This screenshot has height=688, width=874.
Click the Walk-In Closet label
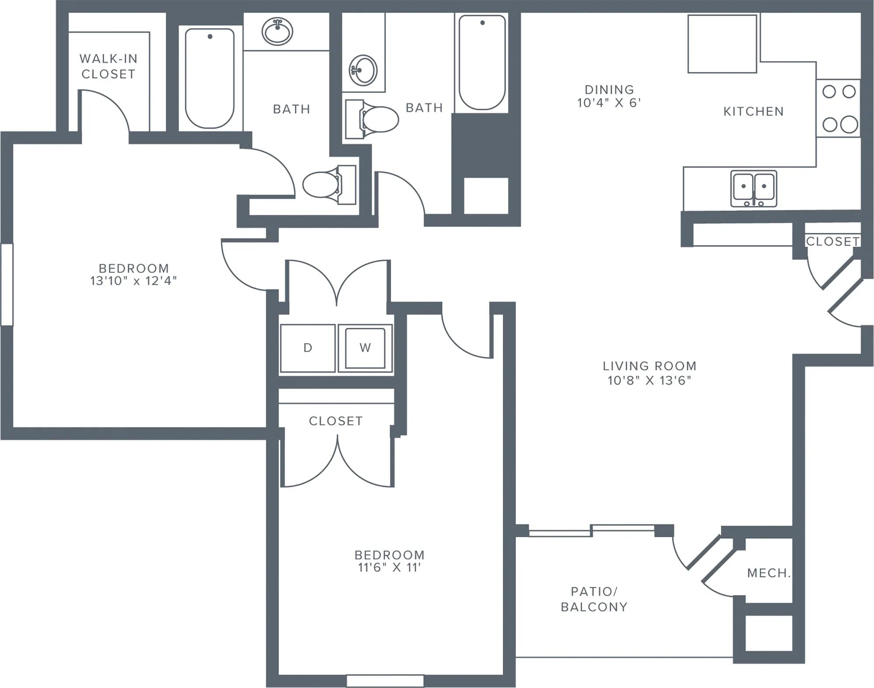pyautogui.click(x=108, y=66)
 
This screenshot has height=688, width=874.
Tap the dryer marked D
pyautogui.click(x=308, y=348)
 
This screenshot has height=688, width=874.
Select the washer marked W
pyautogui.click(x=365, y=348)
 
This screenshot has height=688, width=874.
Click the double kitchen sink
pyautogui.click(x=754, y=189)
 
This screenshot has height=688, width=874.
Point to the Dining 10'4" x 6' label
pyautogui.click(x=609, y=96)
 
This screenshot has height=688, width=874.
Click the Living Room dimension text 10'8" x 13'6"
pyautogui.click(x=649, y=380)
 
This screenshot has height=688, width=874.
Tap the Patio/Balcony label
pyautogui.click(x=594, y=599)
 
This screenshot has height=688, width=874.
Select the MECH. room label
pyautogui.click(x=769, y=573)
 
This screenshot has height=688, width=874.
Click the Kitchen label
pyautogui.click(x=753, y=112)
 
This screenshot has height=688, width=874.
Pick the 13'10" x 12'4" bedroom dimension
pyautogui.click(x=134, y=280)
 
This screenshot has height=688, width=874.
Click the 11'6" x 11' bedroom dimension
pyautogui.click(x=389, y=567)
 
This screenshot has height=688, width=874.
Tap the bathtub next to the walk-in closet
pyautogui.click(x=210, y=78)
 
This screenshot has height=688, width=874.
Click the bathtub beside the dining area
pyautogui.click(x=482, y=63)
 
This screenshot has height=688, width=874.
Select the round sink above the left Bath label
pyautogui.click(x=277, y=31)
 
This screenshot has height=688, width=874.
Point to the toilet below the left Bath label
pyautogui.click(x=329, y=185)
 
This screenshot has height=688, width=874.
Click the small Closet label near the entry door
pyautogui.click(x=832, y=241)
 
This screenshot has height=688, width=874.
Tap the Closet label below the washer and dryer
pyautogui.click(x=336, y=421)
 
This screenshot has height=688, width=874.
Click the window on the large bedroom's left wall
pyautogui.click(x=7, y=284)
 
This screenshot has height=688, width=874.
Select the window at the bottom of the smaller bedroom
pyautogui.click(x=385, y=681)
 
